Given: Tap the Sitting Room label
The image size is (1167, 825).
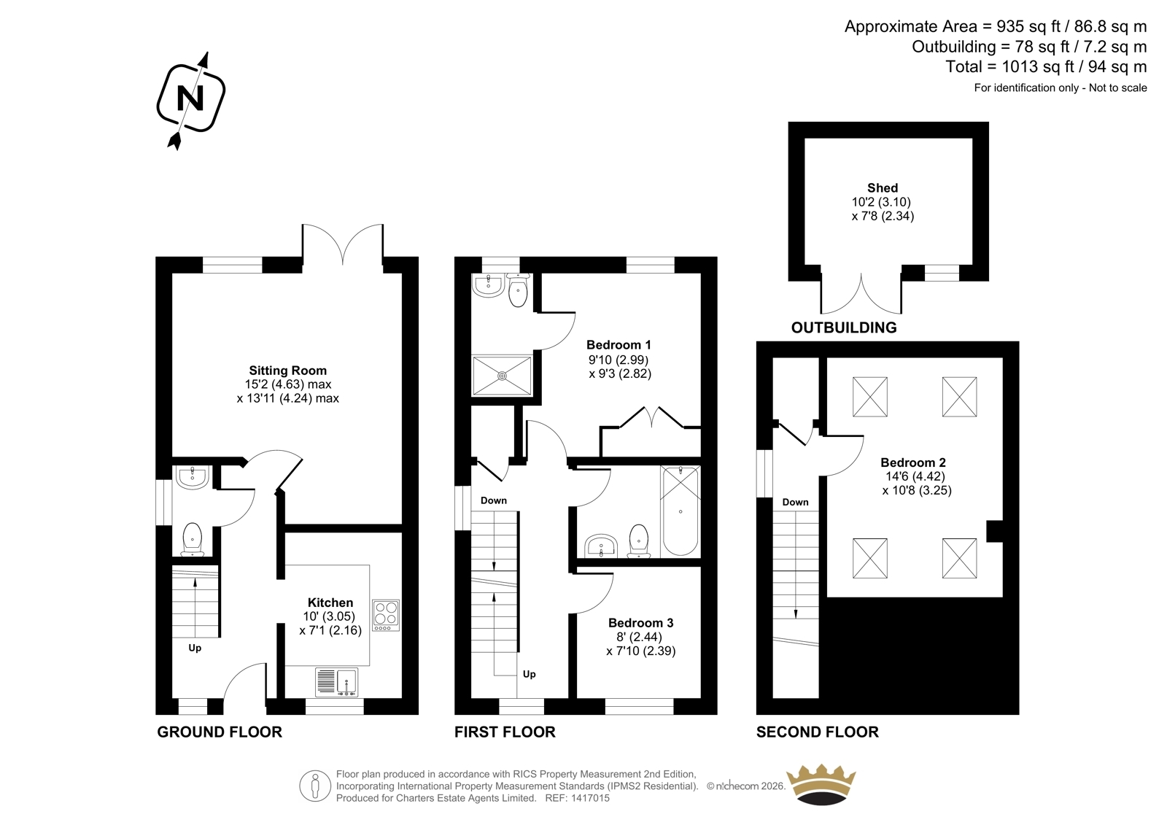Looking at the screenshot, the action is [287, 371].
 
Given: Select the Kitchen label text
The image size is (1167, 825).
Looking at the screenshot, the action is [330, 603].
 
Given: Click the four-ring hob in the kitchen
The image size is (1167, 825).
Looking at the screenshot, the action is [386, 616].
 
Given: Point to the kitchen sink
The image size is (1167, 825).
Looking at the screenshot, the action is [337, 682].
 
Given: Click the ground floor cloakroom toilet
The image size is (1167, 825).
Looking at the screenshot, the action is [193, 540].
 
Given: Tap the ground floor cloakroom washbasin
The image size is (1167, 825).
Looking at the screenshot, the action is [193, 477].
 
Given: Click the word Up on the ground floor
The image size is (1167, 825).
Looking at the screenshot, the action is [195, 648].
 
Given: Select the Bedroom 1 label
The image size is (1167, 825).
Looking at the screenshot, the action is [619, 345].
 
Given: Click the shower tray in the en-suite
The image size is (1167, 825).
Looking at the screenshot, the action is [503, 375].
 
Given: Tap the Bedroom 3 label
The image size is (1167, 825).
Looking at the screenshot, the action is [641, 623].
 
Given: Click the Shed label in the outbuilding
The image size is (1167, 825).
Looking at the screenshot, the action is [883, 187].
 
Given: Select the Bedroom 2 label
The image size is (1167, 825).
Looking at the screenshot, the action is [913, 462].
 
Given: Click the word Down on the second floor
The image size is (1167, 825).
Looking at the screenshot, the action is [795, 503].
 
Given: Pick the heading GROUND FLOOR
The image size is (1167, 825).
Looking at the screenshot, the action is [220, 732].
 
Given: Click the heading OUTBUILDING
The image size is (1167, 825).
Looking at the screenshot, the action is [844, 328].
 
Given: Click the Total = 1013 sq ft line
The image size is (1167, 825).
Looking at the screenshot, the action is [1046, 66].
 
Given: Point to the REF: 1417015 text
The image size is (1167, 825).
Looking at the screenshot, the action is [577, 798].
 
